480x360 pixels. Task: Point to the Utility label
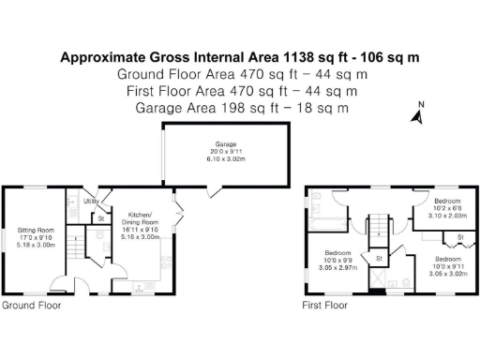click(91, 201)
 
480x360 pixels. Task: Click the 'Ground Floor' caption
click(31, 306)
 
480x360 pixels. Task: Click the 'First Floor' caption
click(325, 306)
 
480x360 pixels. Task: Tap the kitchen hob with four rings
click(167, 258)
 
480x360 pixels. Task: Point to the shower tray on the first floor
click(379, 280)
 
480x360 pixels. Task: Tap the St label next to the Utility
click(100, 218)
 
